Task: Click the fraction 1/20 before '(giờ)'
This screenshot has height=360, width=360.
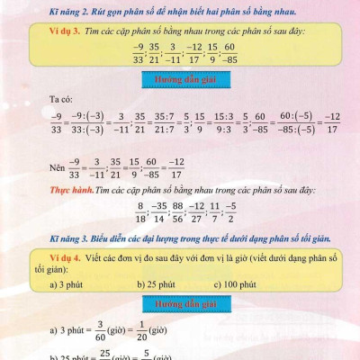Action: [x=144, y=330]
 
